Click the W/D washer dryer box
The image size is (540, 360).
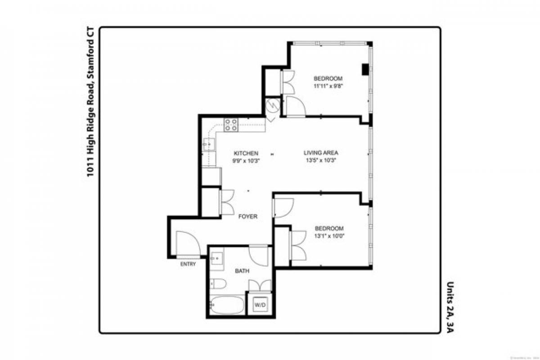(x=260, y=305)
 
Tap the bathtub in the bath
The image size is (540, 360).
(x=227, y=305)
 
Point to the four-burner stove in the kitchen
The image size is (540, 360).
(x=231, y=125)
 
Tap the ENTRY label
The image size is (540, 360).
(x=188, y=264)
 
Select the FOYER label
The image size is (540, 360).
(x=247, y=216)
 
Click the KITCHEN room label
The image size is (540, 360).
(x=246, y=153)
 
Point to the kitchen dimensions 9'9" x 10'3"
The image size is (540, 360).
(x=246, y=160)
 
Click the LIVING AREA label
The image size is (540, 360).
(x=320, y=153)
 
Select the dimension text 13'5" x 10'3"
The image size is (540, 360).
(x=320, y=160)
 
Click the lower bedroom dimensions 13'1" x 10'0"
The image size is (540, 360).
(x=329, y=235)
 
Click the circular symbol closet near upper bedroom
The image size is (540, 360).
(x=272, y=106)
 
